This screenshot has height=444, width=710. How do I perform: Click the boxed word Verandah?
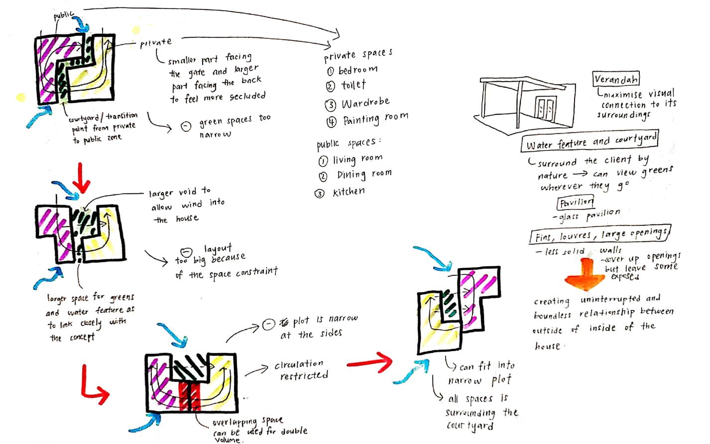616,79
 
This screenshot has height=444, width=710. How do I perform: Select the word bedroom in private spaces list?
358,70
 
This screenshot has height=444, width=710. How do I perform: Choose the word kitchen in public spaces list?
349,192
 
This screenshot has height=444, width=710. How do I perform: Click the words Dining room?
364,174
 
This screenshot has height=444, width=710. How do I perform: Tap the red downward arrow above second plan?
81,182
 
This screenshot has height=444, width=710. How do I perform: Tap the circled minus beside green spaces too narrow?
185,126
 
